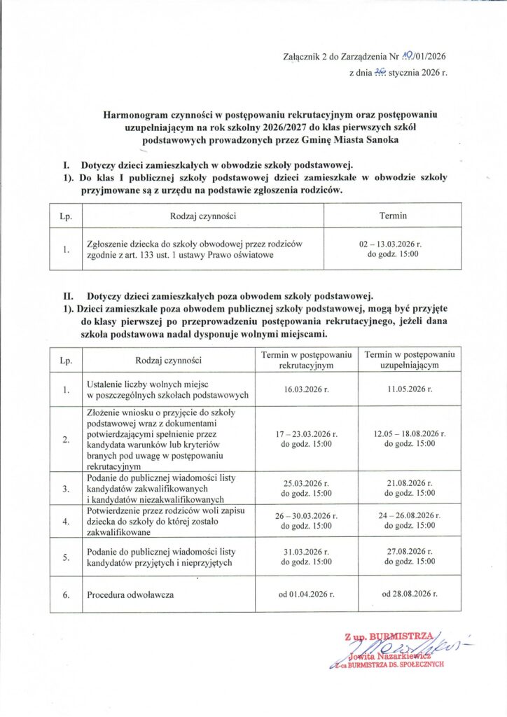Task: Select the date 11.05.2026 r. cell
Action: [410, 389]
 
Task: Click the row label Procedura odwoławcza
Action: [130, 595]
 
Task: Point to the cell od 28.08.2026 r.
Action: [410, 595]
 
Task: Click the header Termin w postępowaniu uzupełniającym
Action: [410, 360]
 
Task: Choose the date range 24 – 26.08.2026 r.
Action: [410, 515]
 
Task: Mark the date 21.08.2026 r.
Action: [410, 483]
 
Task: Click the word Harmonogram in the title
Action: [133, 113]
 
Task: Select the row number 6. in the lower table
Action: [67, 595]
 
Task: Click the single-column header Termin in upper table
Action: [393, 216]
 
